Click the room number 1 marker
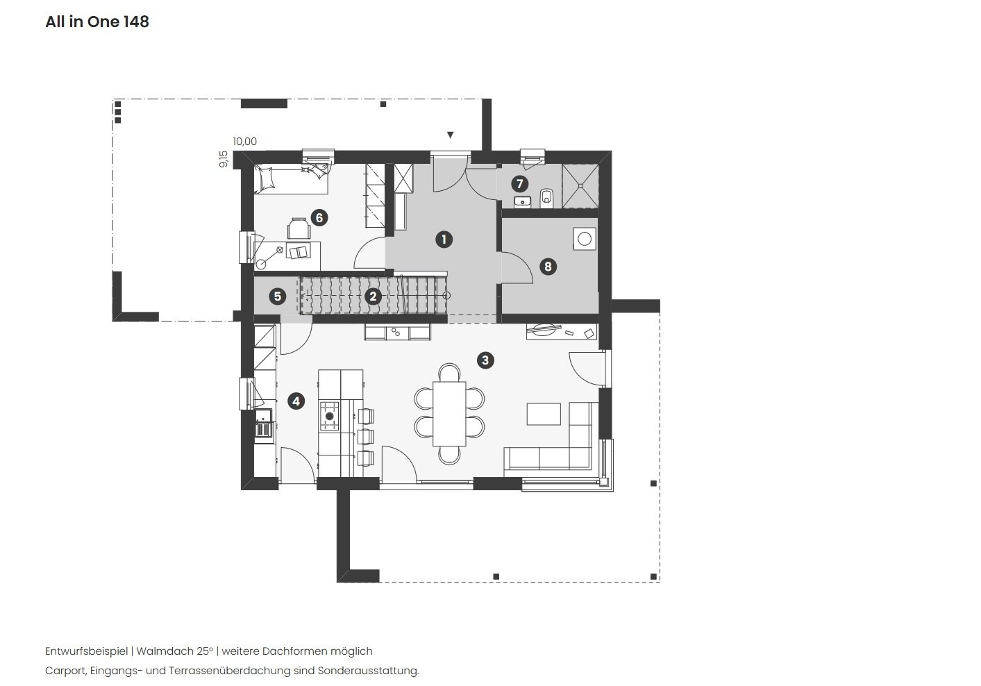[444, 240]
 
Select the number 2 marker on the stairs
[373, 296]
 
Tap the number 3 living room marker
[485, 360]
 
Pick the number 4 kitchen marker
[296, 401]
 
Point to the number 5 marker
[277, 296]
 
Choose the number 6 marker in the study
[319, 217]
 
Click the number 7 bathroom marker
[519, 184]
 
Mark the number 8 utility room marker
[548, 266]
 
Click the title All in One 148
[97, 22]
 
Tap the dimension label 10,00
[244, 142]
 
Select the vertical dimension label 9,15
[223, 159]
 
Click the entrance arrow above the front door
[451, 135]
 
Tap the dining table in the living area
[450, 414]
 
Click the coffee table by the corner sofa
[544, 413]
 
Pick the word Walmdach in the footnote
[159, 651]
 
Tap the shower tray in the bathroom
[580, 185]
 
